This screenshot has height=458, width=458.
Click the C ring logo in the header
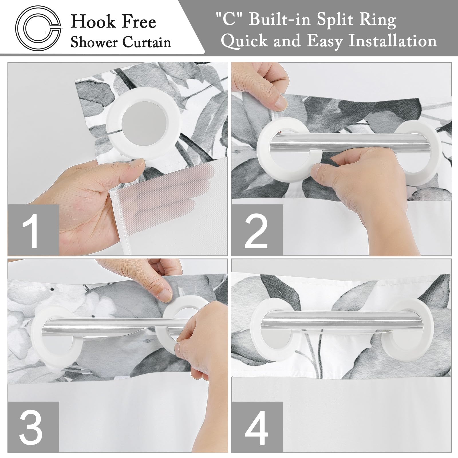(38, 27)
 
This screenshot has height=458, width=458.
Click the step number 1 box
(33, 230)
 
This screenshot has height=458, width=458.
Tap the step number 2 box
(257, 230)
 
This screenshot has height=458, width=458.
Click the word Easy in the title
(325, 41)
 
